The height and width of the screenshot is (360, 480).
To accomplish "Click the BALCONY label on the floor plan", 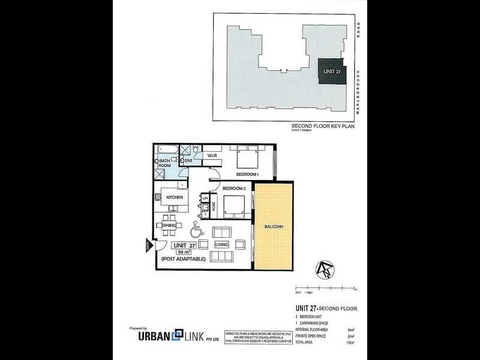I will [273, 226].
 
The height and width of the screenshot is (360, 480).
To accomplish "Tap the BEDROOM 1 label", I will [247, 174].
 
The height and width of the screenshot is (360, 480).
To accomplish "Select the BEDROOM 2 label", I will [233, 188].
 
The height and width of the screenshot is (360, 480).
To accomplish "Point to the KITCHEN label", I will [175, 197].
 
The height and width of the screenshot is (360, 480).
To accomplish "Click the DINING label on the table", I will [169, 225].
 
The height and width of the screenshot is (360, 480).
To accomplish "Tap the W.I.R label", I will [212, 156].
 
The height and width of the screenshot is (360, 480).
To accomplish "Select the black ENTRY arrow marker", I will [148, 245].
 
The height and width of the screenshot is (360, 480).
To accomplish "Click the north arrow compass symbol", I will [325, 271].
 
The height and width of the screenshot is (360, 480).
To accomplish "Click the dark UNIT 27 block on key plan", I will [331, 71].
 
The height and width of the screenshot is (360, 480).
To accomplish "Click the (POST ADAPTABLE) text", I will [183, 259].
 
